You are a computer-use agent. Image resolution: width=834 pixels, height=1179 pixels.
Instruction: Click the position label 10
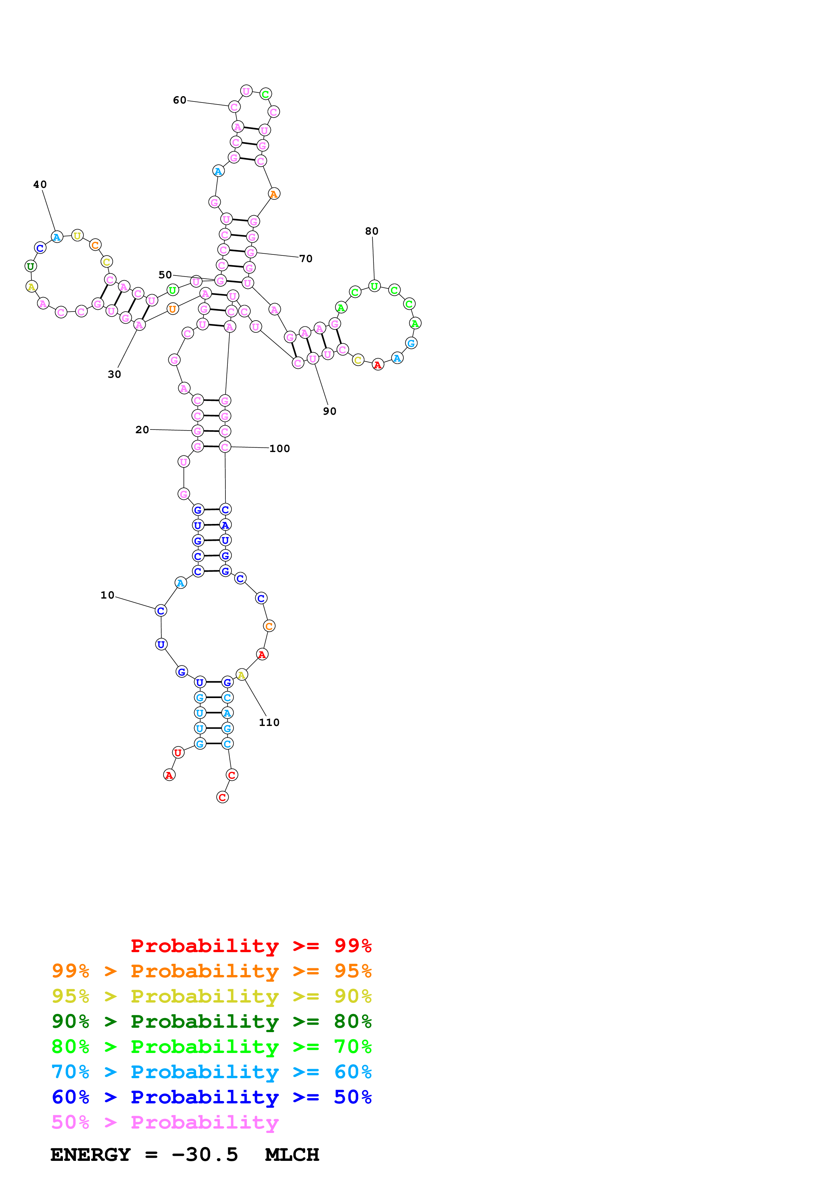pyautogui.click(x=107, y=595)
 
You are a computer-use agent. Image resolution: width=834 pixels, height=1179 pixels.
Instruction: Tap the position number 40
pyautogui.click(x=40, y=185)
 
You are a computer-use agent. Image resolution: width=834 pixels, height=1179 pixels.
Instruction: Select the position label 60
pyautogui.click(x=179, y=100)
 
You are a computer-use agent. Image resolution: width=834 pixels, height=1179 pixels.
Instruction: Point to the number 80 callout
pyautogui.click(x=371, y=231)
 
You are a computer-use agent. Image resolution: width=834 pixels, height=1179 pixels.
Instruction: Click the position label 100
pyautogui.click(x=280, y=449)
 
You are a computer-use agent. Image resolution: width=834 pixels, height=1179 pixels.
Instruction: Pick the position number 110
pyautogui.click(x=269, y=723)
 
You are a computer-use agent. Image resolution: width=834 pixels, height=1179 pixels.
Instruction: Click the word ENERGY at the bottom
pyautogui.click(x=90, y=1155)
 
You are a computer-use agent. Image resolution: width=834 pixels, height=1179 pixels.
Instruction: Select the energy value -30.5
pyautogui.click(x=205, y=1155)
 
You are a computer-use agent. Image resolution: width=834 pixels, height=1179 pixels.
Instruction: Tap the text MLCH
pyautogui.click(x=292, y=1155)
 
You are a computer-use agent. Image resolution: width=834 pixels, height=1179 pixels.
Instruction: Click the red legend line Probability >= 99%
pyautogui.click(x=251, y=946)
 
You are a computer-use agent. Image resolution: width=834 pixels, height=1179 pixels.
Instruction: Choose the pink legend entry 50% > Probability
pyautogui.click(x=165, y=1123)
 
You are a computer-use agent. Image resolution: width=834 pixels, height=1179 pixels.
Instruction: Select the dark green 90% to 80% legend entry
pyautogui.click(x=211, y=1021)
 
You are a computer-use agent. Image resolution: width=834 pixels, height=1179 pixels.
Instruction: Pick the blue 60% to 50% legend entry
pyautogui.click(x=211, y=1097)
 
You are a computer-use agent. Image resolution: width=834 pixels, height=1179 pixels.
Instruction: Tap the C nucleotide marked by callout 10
pyautogui.click(x=161, y=611)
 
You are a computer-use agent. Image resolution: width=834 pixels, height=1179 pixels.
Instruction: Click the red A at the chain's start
pyautogui.click(x=169, y=775)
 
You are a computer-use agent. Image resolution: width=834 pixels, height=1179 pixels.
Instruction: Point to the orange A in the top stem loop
pyautogui.click(x=274, y=194)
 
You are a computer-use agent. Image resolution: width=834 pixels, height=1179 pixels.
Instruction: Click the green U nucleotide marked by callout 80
pyautogui.click(x=374, y=286)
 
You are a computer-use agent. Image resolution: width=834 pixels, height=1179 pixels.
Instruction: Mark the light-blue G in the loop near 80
pyautogui.click(x=410, y=343)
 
